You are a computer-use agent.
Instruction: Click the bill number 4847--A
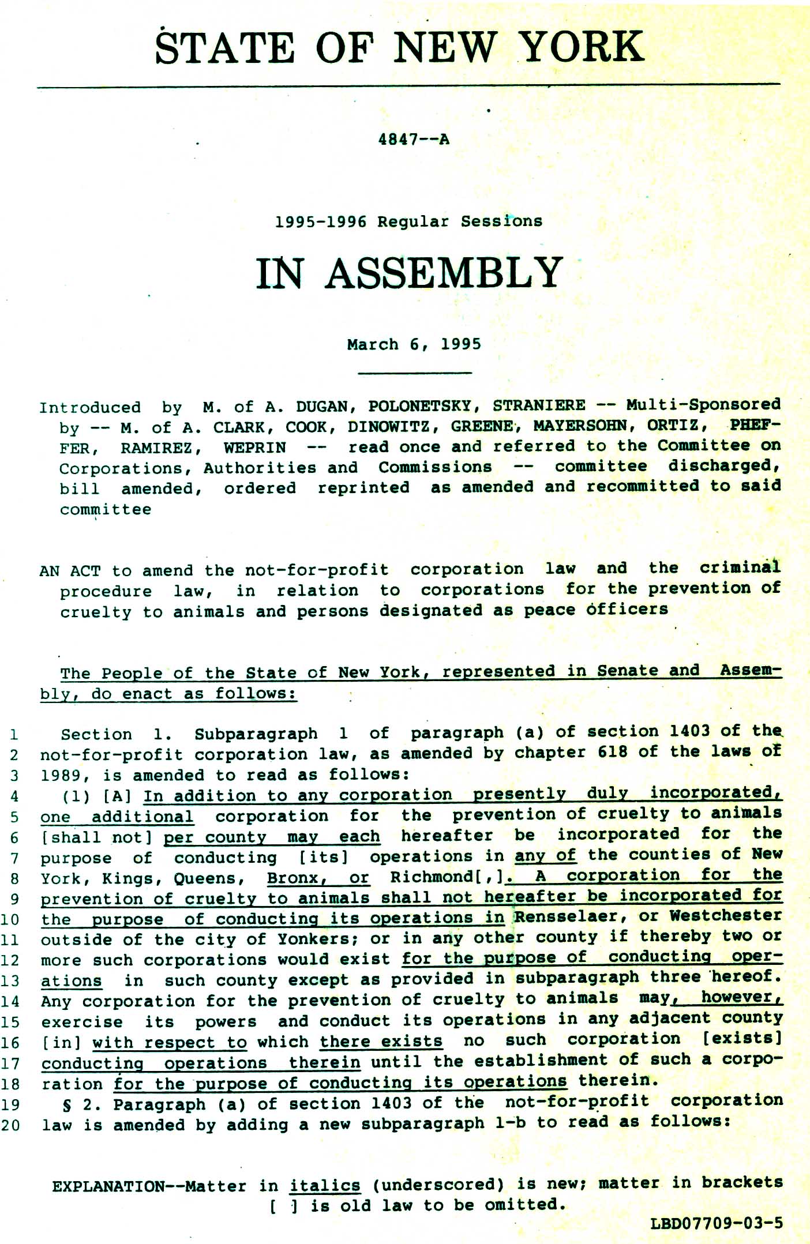(413, 140)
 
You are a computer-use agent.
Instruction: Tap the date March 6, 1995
(414, 344)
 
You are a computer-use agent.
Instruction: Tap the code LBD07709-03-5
(717, 1223)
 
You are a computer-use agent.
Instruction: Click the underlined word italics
(325, 1186)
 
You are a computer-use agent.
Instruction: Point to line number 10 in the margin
(10, 919)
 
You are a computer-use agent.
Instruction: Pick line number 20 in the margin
(10, 1125)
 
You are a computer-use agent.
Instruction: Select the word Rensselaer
(570, 916)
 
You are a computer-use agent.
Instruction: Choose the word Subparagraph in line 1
(256, 734)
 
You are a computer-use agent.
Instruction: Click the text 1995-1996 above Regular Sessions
(320, 222)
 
